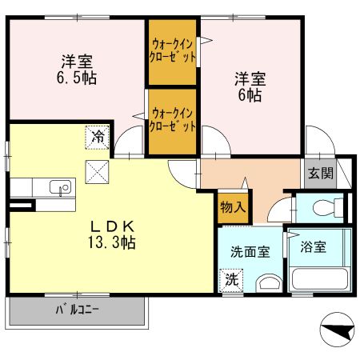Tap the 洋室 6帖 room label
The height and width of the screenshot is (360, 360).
249,86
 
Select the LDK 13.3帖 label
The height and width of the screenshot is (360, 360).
111,233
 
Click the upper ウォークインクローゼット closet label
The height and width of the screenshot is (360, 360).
172,52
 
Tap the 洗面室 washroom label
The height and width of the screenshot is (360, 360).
250,251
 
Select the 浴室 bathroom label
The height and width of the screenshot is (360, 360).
313,247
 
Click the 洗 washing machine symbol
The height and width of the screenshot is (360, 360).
230,281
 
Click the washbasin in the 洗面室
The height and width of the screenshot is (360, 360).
268,282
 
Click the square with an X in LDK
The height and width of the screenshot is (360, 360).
98,171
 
